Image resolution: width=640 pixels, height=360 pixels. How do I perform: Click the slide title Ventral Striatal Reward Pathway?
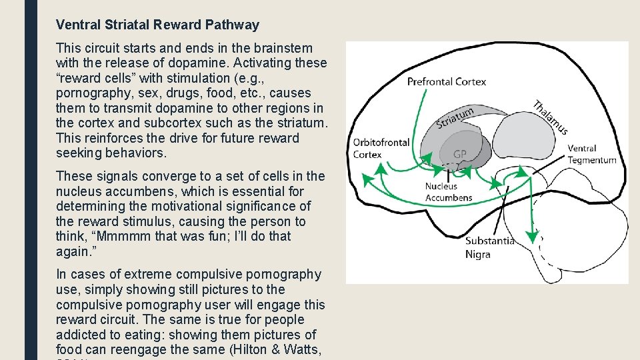pos(157,25)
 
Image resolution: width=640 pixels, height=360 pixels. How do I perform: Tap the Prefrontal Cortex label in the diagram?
pos(447,82)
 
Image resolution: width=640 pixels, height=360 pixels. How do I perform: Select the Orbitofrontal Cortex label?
pos(381,148)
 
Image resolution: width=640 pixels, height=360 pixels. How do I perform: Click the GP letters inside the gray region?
pos(460,154)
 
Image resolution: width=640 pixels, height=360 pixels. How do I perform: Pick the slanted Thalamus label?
pos(550,117)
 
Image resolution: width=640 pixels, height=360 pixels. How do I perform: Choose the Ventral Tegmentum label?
pos(591,154)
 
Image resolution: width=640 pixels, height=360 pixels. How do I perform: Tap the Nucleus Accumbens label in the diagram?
pos(448,192)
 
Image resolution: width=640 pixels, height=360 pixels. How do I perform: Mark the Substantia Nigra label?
pos(489,247)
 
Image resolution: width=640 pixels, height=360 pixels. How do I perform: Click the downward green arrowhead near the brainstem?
pos(531,235)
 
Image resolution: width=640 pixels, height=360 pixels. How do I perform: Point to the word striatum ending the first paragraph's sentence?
pos(301,123)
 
